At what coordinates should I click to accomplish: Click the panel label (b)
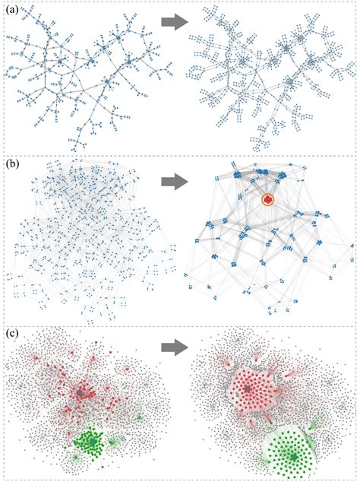pyautogui.click(x=13, y=165)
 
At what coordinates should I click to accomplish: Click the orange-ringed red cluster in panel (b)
pyautogui.click(x=267, y=199)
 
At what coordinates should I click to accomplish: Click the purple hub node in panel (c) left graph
pyautogui.click(x=82, y=392)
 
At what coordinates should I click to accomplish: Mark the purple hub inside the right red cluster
pyautogui.click(x=248, y=389)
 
